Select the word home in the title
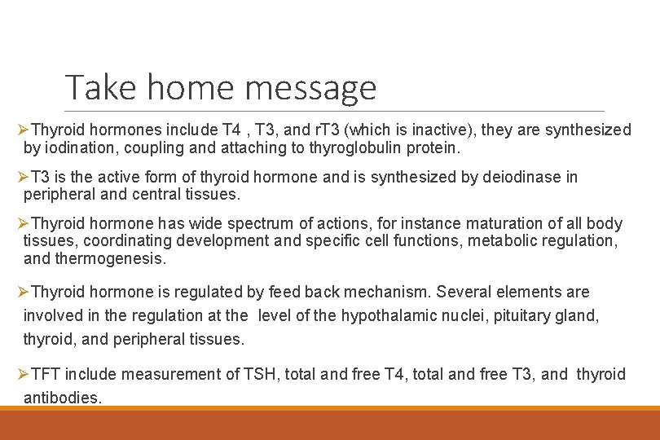192,87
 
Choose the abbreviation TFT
46,374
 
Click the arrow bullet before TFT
23,374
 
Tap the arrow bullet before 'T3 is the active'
23,177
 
